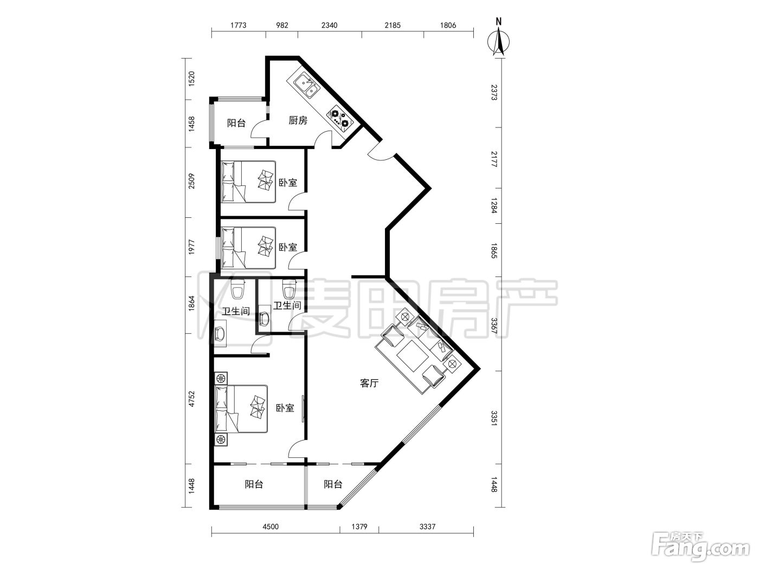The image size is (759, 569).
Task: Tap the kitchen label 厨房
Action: (x=298, y=120)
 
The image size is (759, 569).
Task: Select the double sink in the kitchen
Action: (x=307, y=85)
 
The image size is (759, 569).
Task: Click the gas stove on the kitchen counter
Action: (x=339, y=117)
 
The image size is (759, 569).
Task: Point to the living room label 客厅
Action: (x=369, y=383)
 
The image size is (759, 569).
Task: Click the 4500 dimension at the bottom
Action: (x=271, y=527)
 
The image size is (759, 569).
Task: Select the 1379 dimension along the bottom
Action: (x=359, y=527)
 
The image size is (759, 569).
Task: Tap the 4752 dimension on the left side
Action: (x=191, y=398)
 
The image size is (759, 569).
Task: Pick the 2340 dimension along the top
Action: (x=329, y=25)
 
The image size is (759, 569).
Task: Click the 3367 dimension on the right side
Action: (x=494, y=326)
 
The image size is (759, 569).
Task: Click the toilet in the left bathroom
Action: (x=238, y=289)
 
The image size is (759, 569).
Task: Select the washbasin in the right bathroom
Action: (x=264, y=319)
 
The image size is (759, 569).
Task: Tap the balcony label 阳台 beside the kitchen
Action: (x=236, y=122)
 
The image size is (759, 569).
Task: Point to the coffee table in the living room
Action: (x=413, y=355)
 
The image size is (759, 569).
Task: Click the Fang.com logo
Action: (x=701, y=547)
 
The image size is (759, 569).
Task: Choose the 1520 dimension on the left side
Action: (x=191, y=79)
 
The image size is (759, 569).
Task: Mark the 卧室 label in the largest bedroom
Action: (x=285, y=408)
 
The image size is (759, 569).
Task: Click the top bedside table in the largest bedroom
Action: (x=221, y=378)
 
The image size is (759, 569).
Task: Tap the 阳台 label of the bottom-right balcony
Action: (x=333, y=484)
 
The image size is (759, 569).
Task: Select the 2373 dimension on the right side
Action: (x=494, y=92)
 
